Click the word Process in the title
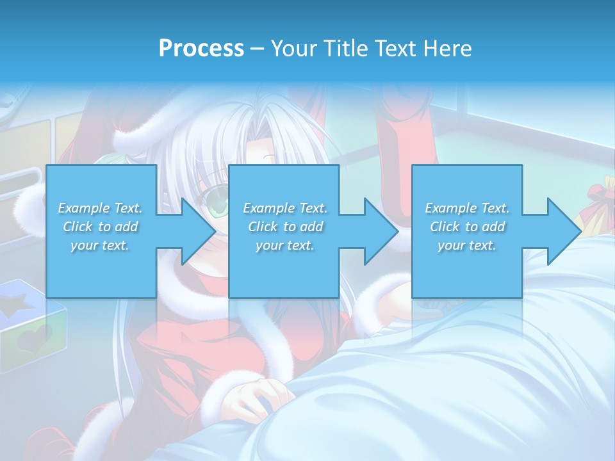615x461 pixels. coord(201,49)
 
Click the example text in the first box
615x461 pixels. coord(100,227)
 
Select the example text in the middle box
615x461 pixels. coord(284,227)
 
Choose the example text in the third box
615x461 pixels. coord(467,227)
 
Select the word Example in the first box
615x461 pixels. coord(84,208)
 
